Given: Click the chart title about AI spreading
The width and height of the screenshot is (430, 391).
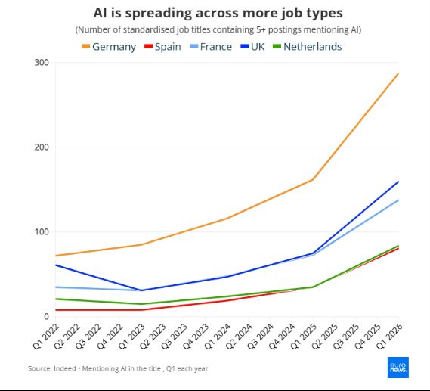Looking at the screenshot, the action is pyautogui.click(x=218, y=13).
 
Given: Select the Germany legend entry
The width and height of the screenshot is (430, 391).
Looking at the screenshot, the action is pyautogui.click(x=109, y=47).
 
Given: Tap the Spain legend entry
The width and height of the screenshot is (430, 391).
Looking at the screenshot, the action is pyautogui.click(x=162, y=47).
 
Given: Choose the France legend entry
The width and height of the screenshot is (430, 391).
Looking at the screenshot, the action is pyautogui.click(x=211, y=47).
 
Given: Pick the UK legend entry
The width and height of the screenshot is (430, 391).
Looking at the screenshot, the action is pyautogui.click(x=252, y=47).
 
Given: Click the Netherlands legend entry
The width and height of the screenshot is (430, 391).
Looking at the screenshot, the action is pyautogui.click(x=307, y=47).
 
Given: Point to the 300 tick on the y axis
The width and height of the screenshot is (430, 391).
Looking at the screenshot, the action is pyautogui.click(x=42, y=63).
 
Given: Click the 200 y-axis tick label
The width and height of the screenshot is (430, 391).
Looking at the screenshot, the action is pyautogui.click(x=42, y=147).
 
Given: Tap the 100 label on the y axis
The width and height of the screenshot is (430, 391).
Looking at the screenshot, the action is pyautogui.click(x=42, y=232).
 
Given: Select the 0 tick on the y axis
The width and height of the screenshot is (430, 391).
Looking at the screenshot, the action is pyautogui.click(x=46, y=316).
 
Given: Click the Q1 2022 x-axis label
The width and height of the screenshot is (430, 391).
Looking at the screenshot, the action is pyautogui.click(x=46, y=336).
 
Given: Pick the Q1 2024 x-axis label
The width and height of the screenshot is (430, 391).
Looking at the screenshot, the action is pyautogui.click(x=218, y=336).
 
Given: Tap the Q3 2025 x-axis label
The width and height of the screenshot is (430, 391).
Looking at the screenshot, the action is pyautogui.click(x=346, y=336).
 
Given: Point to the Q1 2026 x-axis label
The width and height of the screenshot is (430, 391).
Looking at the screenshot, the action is pyautogui.click(x=389, y=336).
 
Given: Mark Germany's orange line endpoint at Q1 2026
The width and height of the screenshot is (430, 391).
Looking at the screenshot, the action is pyautogui.click(x=398, y=73).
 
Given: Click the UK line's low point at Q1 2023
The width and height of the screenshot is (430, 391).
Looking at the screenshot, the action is pyautogui.click(x=141, y=290).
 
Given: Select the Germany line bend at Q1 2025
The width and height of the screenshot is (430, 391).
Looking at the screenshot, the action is pyautogui.click(x=313, y=179).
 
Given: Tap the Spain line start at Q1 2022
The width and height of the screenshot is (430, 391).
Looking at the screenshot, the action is pyautogui.click(x=56, y=310).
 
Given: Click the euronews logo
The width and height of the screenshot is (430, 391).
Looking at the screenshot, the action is pyautogui.click(x=398, y=368).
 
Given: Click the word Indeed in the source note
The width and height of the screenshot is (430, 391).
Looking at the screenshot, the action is pyautogui.click(x=65, y=368).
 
